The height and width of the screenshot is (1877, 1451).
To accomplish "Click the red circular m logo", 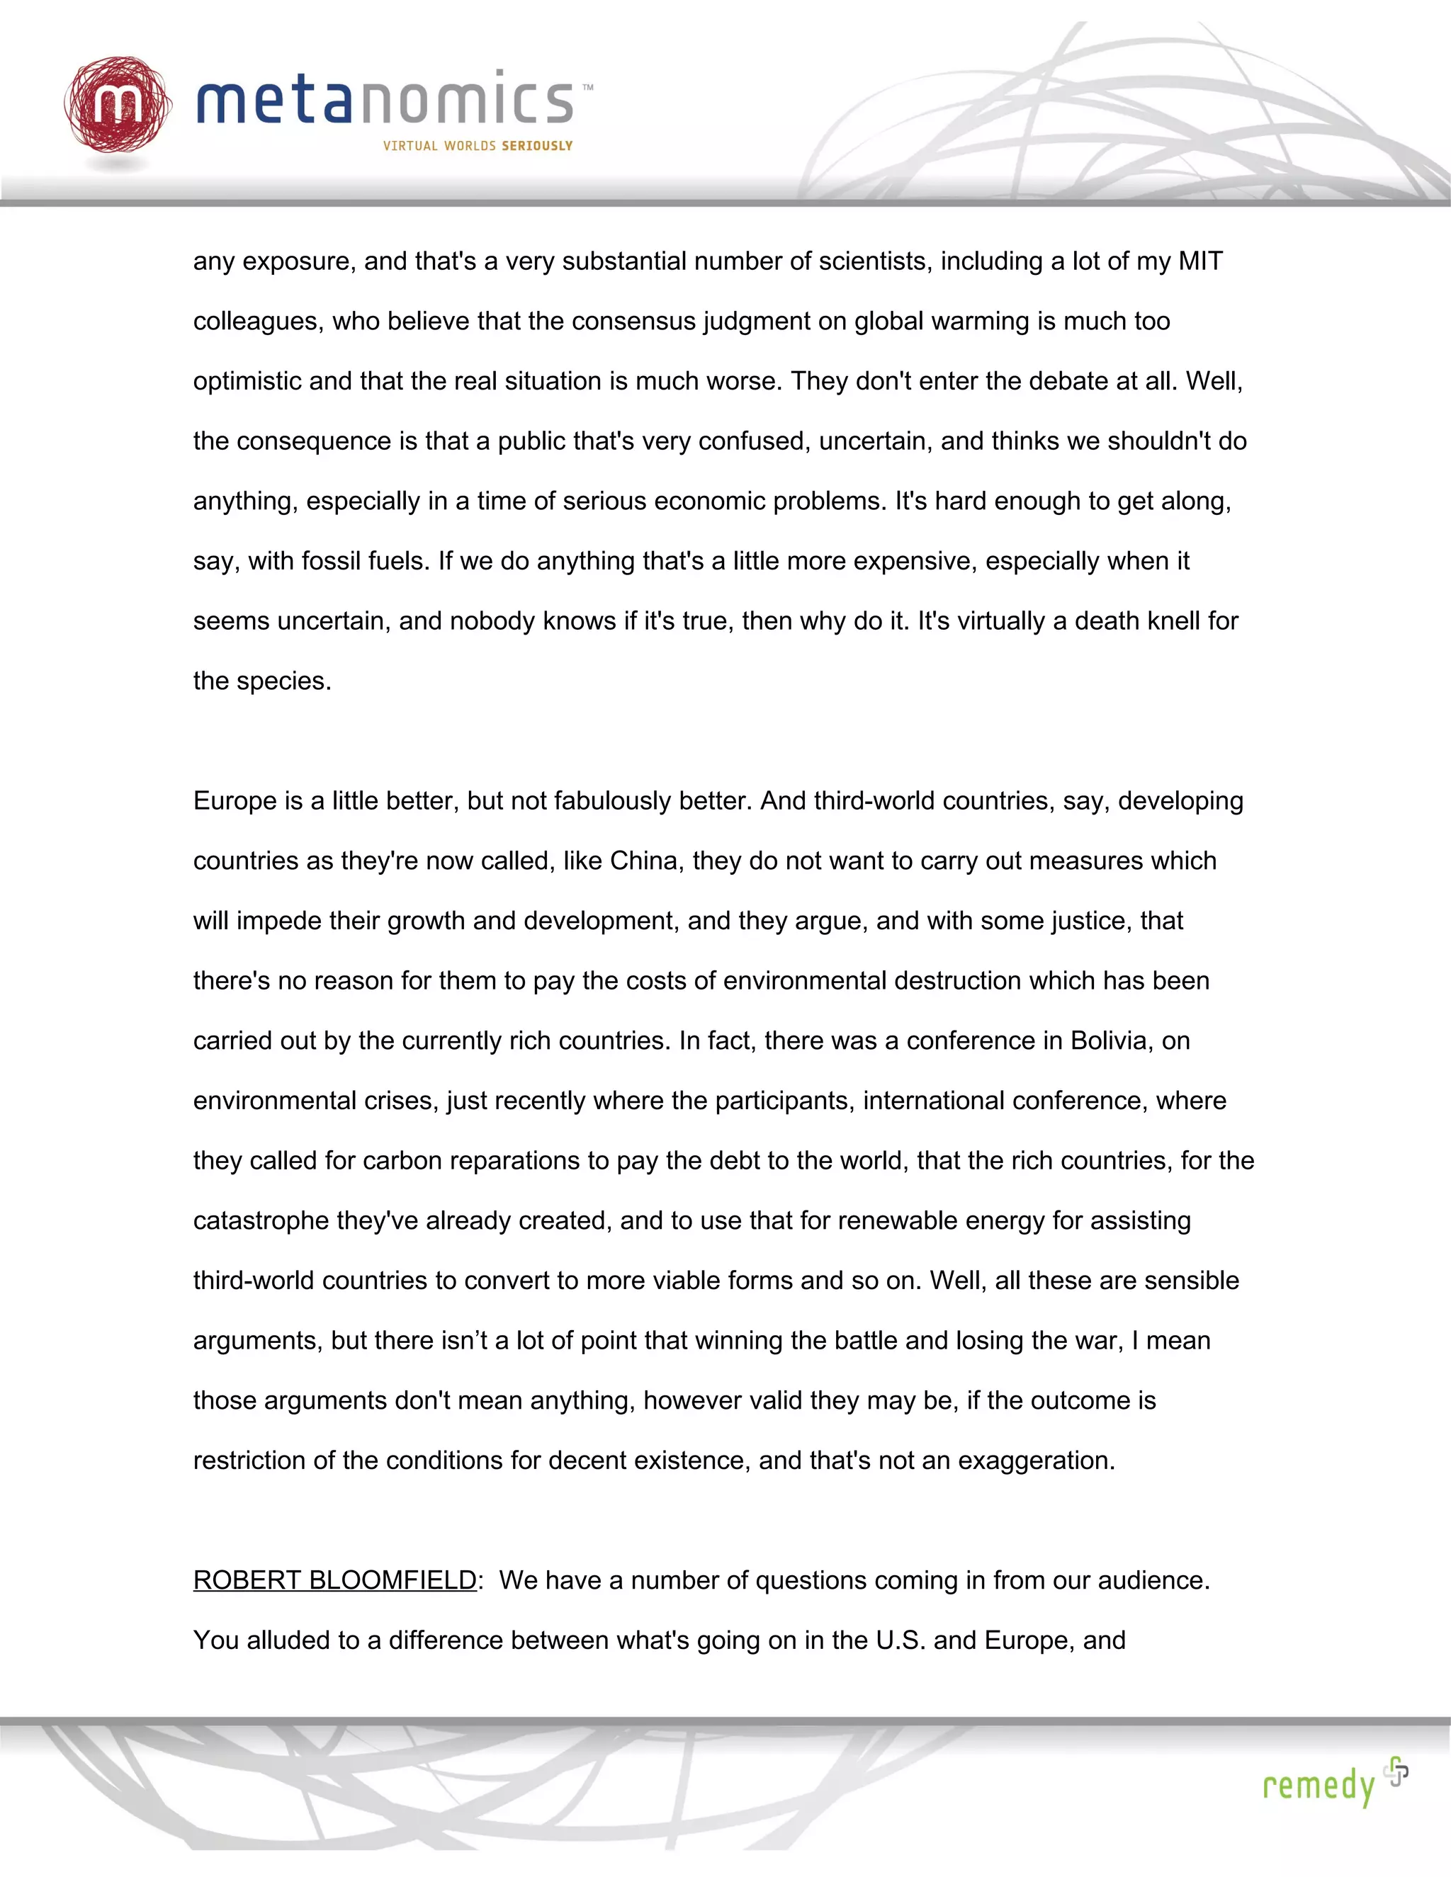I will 117,105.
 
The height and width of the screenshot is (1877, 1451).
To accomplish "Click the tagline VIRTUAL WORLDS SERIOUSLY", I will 478,146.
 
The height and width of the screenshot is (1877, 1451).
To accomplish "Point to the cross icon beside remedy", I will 1397,1771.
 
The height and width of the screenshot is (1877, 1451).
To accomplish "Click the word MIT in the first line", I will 1200,261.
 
